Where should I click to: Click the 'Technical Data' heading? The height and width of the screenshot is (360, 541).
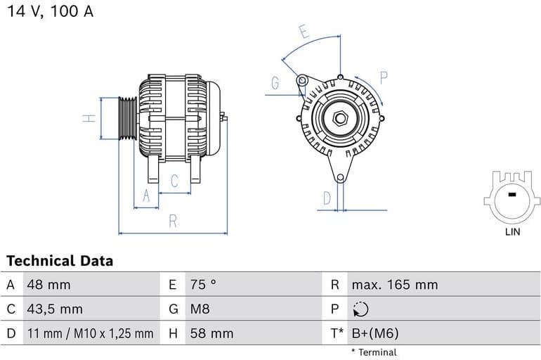coord(60,261)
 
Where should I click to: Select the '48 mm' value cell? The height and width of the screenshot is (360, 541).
coord(48,285)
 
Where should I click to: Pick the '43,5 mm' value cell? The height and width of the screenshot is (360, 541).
coord(54,309)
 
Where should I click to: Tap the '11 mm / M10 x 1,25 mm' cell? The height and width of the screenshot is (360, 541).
coord(89,333)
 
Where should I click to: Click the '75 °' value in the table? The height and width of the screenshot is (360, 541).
coord(203,285)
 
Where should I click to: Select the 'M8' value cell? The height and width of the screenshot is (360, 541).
coord(200,309)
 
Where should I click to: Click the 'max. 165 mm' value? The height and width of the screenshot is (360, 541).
coord(394,285)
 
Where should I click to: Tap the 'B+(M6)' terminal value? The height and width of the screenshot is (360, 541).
coord(375,333)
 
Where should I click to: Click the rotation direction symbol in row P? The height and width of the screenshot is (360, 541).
coord(360,309)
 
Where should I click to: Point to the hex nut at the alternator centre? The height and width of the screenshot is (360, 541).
coord(339,117)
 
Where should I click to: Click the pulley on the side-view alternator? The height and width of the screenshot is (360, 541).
coord(127,118)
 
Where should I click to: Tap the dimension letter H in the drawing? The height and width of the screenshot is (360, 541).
coord(89,118)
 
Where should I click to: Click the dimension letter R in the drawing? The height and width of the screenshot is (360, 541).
coord(172,221)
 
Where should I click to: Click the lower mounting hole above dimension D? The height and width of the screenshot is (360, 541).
coord(340,178)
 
